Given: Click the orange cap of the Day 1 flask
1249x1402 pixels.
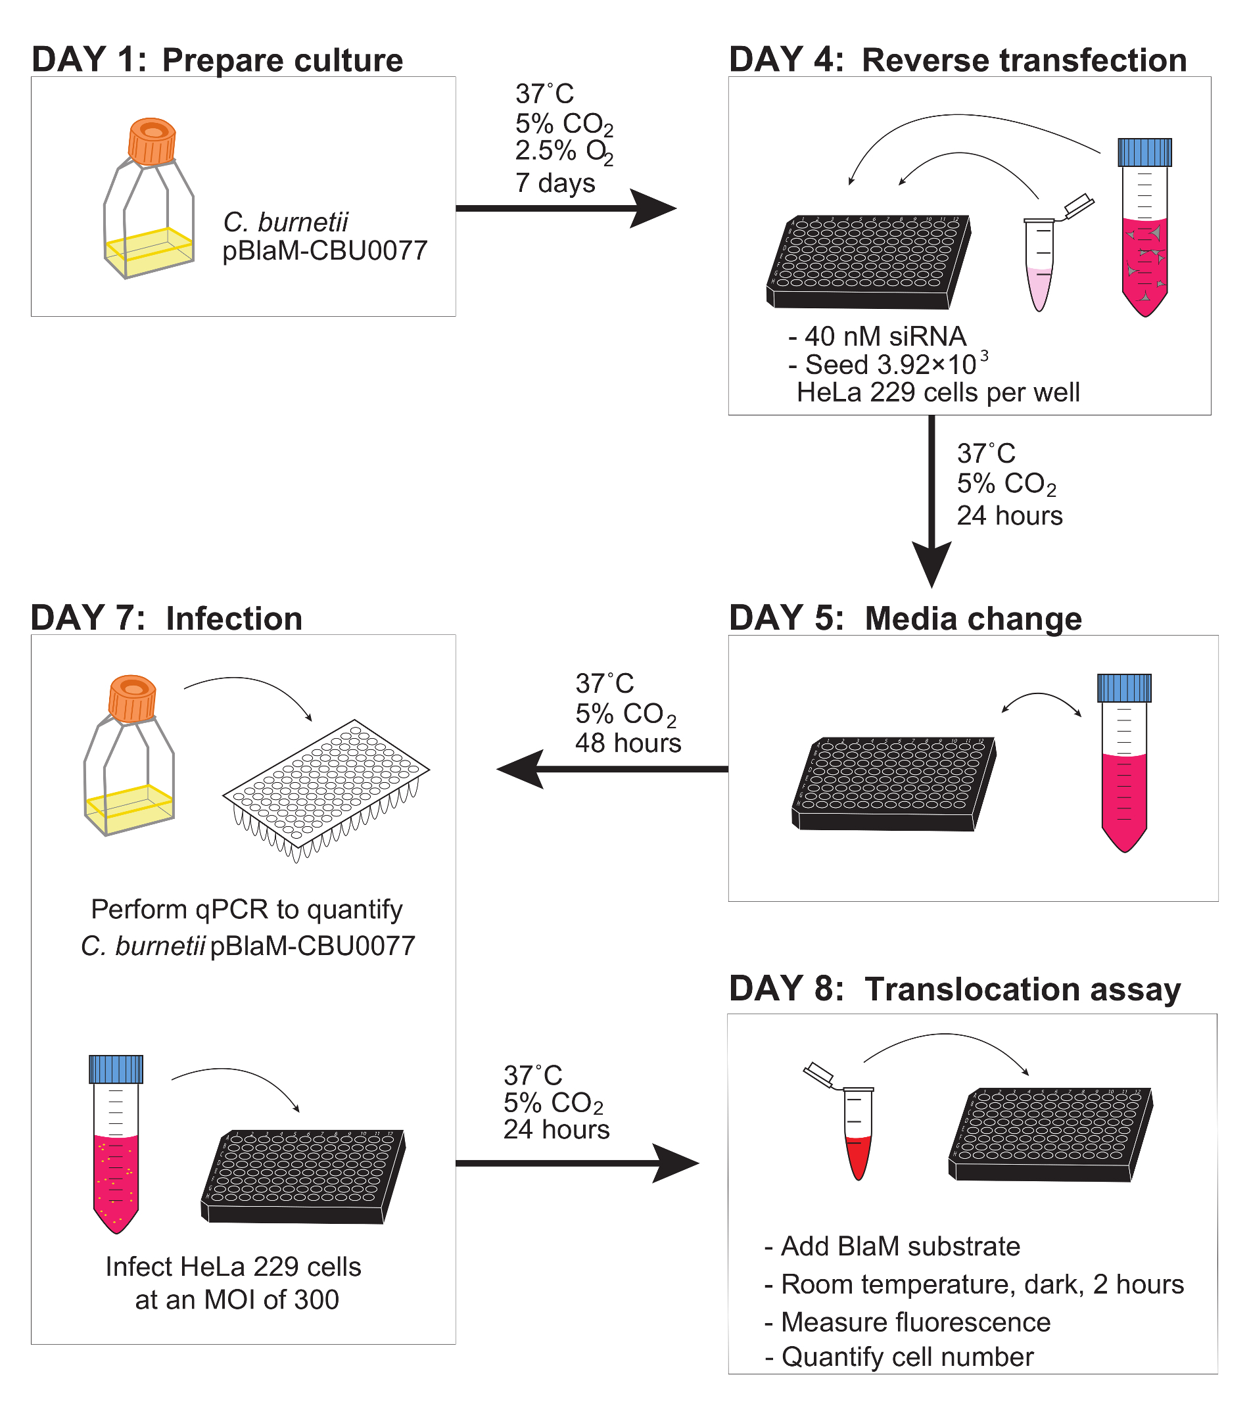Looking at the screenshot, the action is tap(153, 141).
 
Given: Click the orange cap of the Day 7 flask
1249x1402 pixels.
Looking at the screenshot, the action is tap(132, 699).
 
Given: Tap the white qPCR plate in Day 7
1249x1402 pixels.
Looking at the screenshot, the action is tap(327, 789).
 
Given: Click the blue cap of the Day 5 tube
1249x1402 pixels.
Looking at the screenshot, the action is tap(1124, 688).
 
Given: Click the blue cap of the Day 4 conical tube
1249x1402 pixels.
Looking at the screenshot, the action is tap(1144, 152).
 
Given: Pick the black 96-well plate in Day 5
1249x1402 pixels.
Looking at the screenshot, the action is tap(893, 783).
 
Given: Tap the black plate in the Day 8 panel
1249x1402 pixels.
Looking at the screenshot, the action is tap(1050, 1134).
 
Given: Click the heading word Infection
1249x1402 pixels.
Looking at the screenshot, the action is tap(234, 619).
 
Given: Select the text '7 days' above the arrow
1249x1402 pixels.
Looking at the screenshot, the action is tap(555, 183).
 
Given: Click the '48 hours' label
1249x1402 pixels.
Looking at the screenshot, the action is tap(628, 743).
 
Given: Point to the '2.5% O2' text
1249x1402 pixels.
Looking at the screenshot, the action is tap(564, 152).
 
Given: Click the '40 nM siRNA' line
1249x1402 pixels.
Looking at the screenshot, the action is tap(878, 337).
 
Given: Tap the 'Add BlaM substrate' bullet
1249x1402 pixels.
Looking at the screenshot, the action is tap(892, 1246).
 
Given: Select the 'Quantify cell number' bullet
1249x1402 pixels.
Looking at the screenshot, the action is tap(899, 1357).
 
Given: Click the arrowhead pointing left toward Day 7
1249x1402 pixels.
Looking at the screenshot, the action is tap(520, 768).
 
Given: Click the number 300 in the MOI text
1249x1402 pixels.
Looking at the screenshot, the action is tap(316, 1299).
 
